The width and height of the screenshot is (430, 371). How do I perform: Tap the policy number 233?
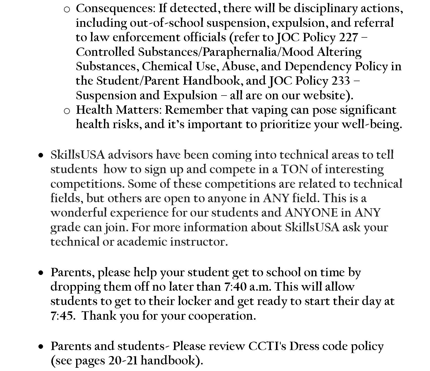click(x=341, y=81)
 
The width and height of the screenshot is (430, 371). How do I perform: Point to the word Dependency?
click(x=318, y=67)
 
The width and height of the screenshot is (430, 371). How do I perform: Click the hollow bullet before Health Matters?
click(x=67, y=111)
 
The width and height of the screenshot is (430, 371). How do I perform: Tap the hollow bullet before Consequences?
click(x=67, y=10)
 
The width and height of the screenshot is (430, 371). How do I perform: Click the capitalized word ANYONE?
click(x=311, y=213)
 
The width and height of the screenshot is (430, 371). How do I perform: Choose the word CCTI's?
click(x=267, y=346)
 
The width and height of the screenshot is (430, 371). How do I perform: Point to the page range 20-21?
click(x=123, y=361)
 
